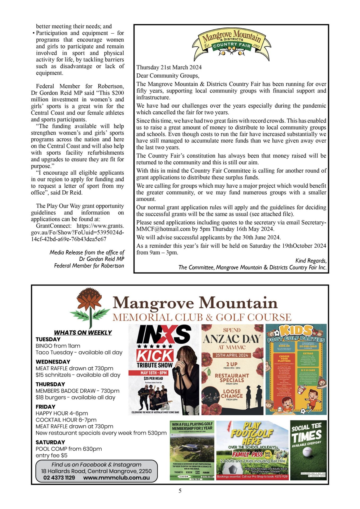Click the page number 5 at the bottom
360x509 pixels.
click(180, 491)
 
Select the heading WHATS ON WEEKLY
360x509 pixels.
click(83, 332)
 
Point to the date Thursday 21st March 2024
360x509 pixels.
click(169, 67)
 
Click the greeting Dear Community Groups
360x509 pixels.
click(168, 76)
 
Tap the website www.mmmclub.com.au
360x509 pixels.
click(116, 478)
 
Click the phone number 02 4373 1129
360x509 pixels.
click(59, 478)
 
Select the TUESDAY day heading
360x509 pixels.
click(48, 339)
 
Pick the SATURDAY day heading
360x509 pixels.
click(50, 442)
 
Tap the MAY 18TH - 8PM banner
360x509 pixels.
click(154, 373)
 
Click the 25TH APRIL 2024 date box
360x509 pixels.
click(232, 355)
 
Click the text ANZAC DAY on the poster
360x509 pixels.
click(232, 339)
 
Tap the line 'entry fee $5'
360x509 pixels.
click(51, 455)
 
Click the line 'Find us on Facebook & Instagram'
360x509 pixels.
click(96, 465)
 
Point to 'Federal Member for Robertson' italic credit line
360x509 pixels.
click(89, 266)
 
